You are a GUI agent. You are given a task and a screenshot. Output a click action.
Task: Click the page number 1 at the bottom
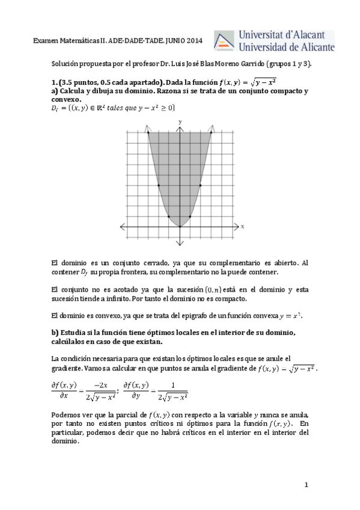point(306,484)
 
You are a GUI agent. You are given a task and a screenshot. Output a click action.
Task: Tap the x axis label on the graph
point(243,227)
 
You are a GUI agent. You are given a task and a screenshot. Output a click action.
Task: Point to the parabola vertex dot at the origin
point(180,226)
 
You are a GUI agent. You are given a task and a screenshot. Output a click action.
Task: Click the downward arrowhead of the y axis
point(180,243)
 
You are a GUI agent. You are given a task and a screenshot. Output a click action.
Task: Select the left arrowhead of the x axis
point(123,226)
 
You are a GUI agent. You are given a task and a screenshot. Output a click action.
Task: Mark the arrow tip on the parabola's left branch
point(147,128)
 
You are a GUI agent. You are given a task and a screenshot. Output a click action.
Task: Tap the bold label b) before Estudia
point(55,333)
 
